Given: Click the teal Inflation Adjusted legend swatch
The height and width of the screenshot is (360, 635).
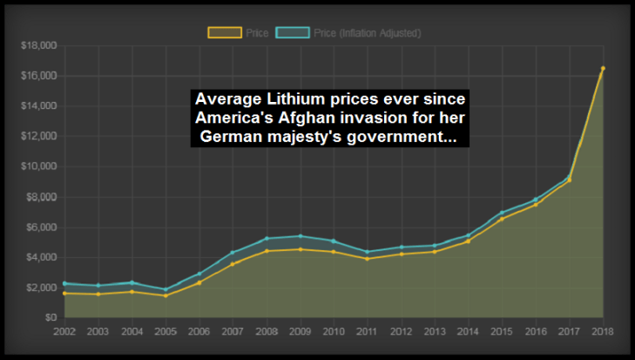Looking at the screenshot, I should [292, 33].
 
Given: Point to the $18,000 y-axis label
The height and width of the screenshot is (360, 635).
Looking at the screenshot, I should [37, 45].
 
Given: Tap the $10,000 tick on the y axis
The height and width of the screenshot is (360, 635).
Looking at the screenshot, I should [37, 166].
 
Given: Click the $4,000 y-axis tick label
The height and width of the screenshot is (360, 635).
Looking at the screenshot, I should [40, 257].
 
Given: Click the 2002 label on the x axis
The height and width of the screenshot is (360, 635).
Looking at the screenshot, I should [64, 331].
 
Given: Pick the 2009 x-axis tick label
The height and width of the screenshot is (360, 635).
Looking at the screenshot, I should [301, 331].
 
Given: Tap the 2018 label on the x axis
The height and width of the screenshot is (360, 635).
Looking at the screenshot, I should [603, 331].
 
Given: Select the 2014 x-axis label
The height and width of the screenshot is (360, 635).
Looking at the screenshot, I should [469, 331].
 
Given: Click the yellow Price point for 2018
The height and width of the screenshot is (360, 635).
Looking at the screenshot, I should [603, 69].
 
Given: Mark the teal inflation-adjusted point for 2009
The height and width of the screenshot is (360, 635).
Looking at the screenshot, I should [301, 236].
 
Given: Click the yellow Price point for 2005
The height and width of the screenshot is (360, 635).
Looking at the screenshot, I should [166, 295].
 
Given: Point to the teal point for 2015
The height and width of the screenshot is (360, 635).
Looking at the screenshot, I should [502, 213].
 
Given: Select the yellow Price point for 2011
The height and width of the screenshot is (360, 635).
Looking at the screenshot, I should [368, 259].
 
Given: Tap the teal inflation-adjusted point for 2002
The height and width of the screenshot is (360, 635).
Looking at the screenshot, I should [64, 283].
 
